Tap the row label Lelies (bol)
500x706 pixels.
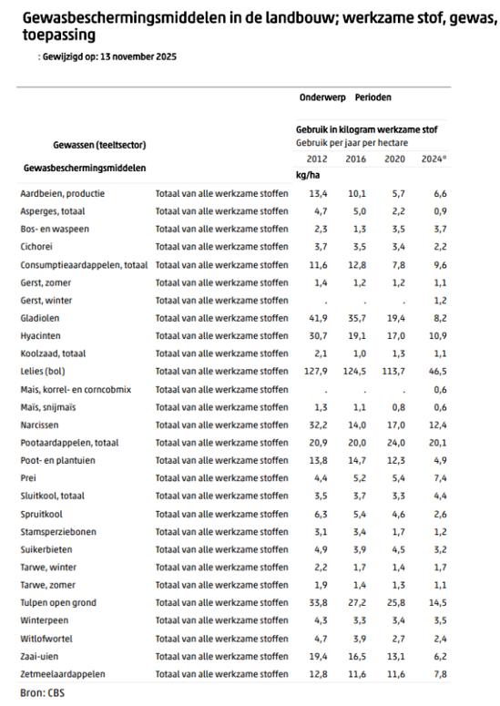pos(43,372)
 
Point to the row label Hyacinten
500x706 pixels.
pos(40,336)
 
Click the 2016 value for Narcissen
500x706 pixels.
pos(356,425)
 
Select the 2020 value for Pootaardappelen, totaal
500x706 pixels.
pos(396,443)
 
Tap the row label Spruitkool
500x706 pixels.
pos(40,514)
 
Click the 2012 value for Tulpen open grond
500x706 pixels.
pos(315,602)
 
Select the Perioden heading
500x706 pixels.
pos(373,97)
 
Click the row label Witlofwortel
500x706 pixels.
pos(45,638)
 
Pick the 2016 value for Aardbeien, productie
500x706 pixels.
pos(356,194)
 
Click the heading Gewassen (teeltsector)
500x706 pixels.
pos(99,145)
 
